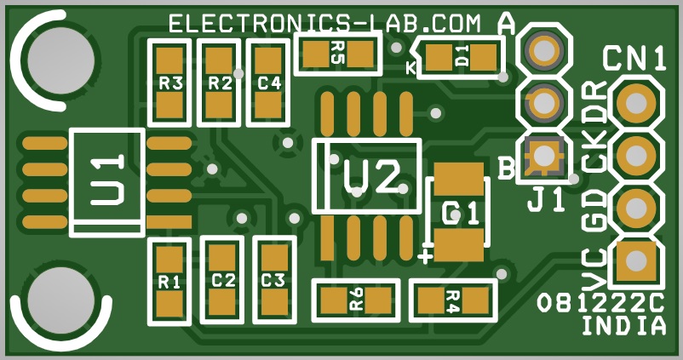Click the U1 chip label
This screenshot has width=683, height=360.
107,180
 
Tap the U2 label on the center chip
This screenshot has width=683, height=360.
371,177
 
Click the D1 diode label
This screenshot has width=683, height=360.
462,55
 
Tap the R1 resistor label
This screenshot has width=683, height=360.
169,283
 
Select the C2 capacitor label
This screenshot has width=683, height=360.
223,281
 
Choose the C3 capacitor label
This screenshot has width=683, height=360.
273,281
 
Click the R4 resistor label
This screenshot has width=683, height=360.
453,301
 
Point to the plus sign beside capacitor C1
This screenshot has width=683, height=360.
425,256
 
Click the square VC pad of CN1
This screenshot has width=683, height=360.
636,260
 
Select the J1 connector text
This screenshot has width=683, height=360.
547,201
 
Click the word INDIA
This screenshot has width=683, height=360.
623,326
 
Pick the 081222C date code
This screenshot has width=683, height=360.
600,303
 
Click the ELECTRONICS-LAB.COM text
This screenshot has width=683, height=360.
325,24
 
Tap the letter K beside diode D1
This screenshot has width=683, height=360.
410,67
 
